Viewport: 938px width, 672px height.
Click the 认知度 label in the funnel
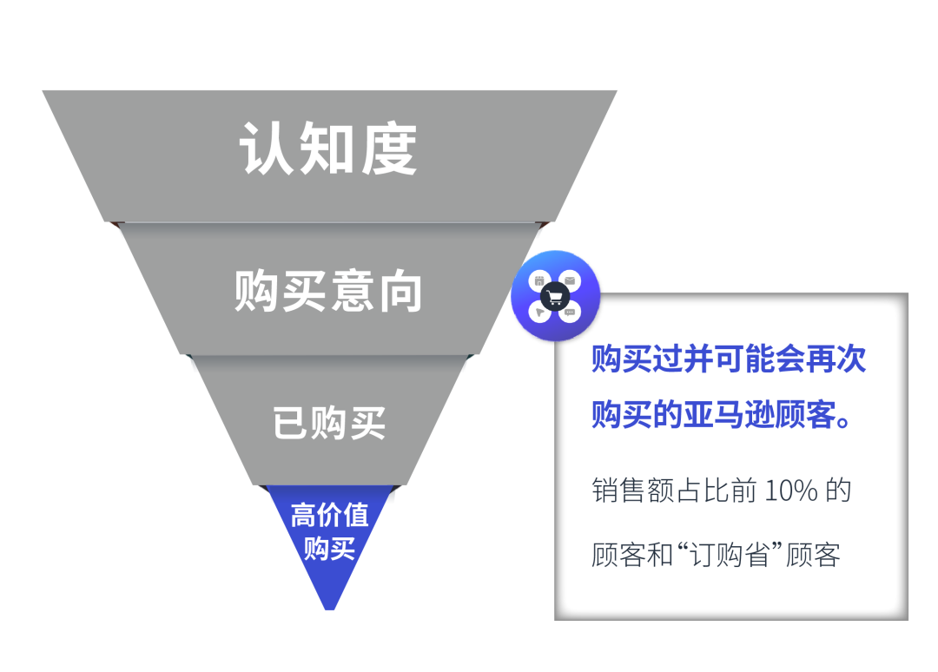[328, 148]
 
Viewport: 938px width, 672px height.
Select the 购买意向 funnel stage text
[328, 291]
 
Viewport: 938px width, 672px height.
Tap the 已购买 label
[329, 423]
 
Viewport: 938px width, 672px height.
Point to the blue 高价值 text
[329, 515]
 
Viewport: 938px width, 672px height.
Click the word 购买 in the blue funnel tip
[329, 548]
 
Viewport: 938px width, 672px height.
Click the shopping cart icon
[555, 296]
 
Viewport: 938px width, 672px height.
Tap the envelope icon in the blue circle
[571, 281]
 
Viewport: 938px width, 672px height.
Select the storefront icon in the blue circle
[539, 281]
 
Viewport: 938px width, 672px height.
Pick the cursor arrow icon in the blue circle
[539, 312]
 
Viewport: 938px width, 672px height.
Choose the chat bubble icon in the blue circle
[571, 312]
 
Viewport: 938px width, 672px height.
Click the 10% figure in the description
[791, 491]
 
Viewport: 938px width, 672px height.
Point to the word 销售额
[620, 491]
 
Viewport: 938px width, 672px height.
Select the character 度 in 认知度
[390, 148]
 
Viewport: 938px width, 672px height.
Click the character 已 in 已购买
[290, 423]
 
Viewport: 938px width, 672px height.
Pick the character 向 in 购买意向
[401, 291]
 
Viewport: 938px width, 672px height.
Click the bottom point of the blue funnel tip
[330, 607]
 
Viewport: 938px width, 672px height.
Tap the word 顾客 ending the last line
[814, 555]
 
